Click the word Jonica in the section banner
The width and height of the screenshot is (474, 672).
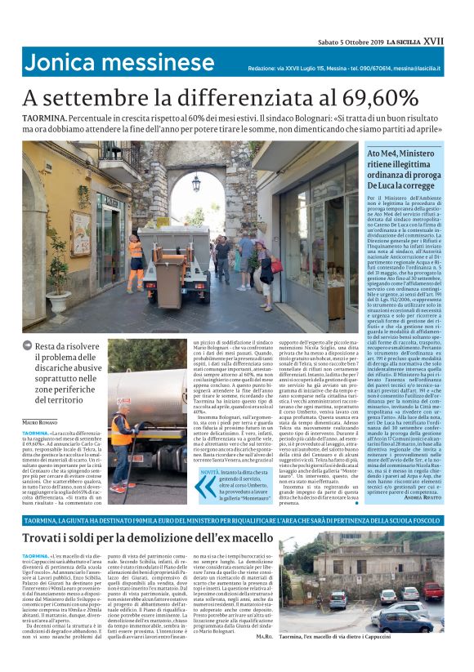click(62, 63)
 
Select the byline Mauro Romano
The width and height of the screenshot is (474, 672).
click(40, 421)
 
